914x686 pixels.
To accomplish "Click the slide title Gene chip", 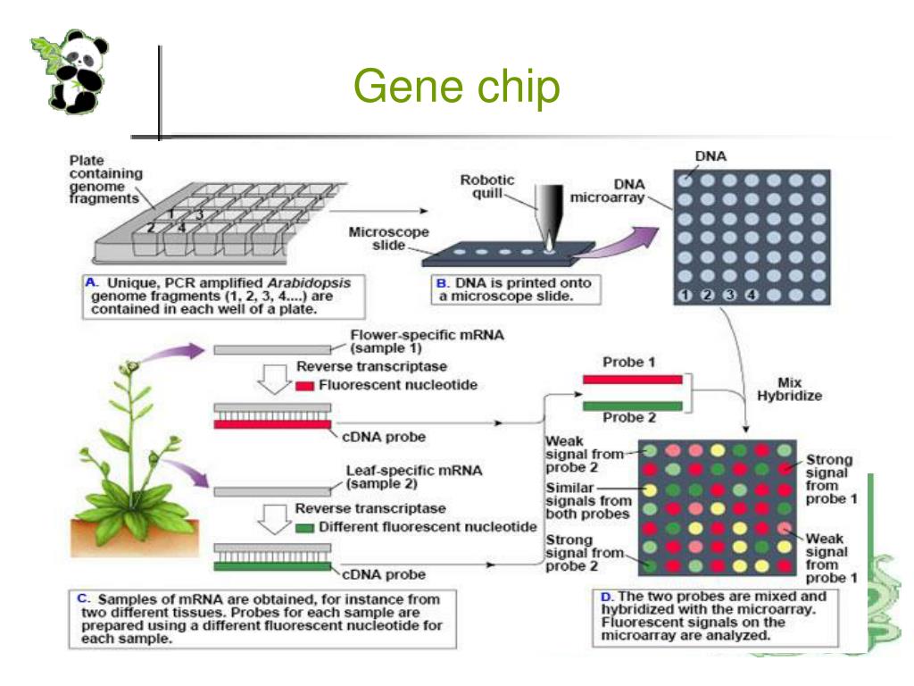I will [x=456, y=88].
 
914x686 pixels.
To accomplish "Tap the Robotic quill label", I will [x=487, y=186].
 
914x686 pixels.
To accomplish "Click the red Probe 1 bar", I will [x=632, y=381].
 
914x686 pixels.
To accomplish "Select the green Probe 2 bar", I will [x=632, y=406].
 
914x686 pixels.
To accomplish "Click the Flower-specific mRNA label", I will [x=427, y=340].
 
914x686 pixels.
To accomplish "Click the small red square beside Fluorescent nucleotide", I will [x=303, y=387].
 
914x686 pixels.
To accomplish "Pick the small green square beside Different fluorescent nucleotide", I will [x=302, y=527].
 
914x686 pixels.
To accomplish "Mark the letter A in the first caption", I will [x=89, y=282].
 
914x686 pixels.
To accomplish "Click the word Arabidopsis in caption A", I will [x=314, y=282].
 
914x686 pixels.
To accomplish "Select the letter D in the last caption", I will [x=606, y=595].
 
